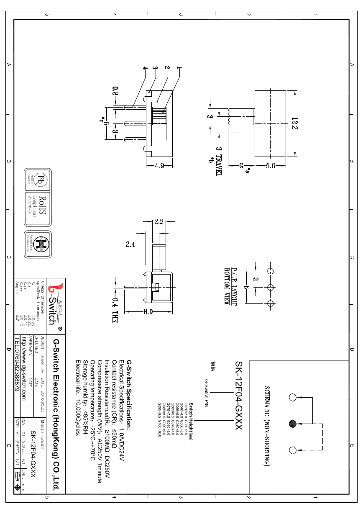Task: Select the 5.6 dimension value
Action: pos(270,166)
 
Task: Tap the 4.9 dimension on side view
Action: pos(159,166)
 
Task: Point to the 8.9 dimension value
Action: pos(148,312)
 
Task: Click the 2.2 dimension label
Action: pos(159,222)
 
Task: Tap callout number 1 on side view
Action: pos(179,68)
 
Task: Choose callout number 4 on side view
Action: pos(145,68)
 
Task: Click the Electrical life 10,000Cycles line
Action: pos(78,397)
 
